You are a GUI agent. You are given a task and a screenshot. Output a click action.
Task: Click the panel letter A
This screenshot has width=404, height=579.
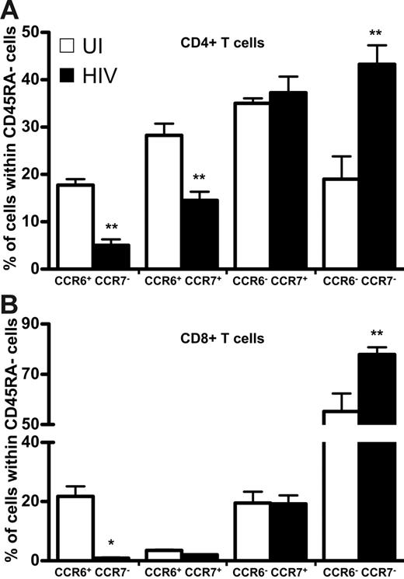click(10, 9)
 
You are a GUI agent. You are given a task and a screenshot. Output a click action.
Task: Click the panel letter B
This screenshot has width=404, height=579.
click(10, 304)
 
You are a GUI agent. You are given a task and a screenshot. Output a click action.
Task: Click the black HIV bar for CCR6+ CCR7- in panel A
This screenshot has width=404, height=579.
click(112, 256)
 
